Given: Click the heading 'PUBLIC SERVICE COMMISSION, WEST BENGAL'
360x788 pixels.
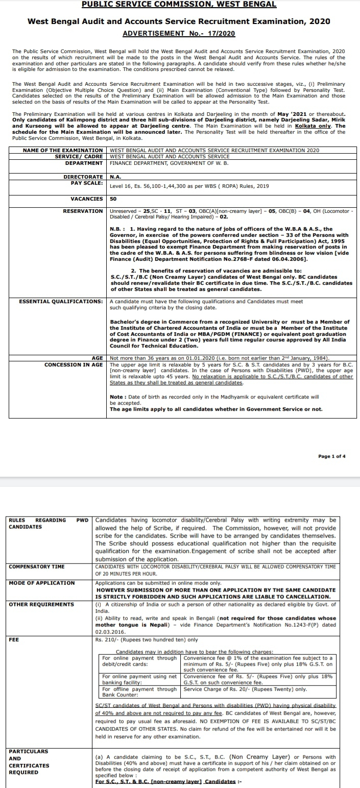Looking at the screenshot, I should point(179,5).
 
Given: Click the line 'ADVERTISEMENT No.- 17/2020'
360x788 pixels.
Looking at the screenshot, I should point(179,33).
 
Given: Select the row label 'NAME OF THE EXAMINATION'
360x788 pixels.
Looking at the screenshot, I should point(63,151).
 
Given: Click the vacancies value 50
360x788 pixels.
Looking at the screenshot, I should point(113,199).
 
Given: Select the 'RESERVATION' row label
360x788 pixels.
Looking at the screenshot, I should point(83,211).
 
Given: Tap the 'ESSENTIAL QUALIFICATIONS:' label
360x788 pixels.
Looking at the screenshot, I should point(61,302).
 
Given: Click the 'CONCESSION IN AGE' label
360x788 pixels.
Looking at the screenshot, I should point(74,365).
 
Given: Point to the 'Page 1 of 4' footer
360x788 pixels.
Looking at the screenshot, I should point(331,456).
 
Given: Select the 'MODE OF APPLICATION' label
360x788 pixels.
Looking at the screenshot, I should point(42,583).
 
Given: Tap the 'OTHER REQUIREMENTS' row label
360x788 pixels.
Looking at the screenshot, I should point(41,604).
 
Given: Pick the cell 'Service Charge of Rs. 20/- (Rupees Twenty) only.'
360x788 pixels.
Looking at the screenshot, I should point(246,689).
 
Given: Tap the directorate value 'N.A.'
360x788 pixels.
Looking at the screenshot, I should point(115,176).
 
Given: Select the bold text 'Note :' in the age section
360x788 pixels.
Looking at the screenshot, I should point(118,397).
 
